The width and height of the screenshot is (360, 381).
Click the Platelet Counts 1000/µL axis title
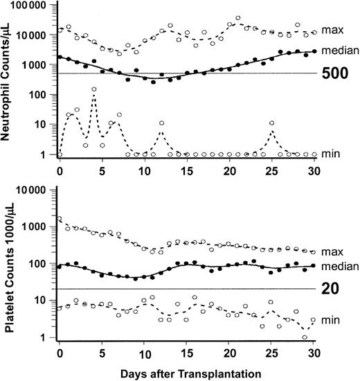(9, 263)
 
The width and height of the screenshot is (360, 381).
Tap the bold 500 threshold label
(339, 73)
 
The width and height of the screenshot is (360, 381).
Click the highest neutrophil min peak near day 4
(93, 89)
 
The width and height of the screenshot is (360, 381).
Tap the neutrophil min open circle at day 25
(272, 123)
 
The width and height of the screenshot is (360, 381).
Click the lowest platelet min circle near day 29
(305, 337)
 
